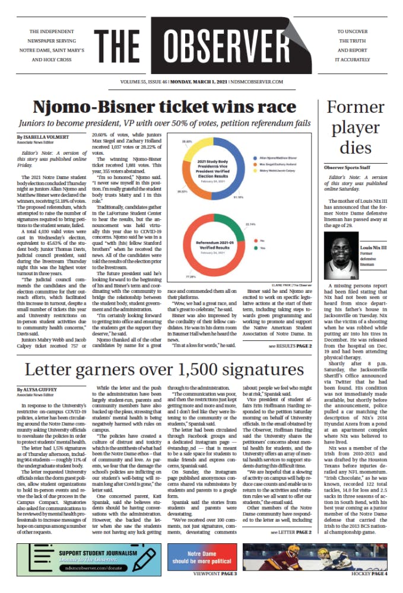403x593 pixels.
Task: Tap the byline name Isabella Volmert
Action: tap(42, 137)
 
